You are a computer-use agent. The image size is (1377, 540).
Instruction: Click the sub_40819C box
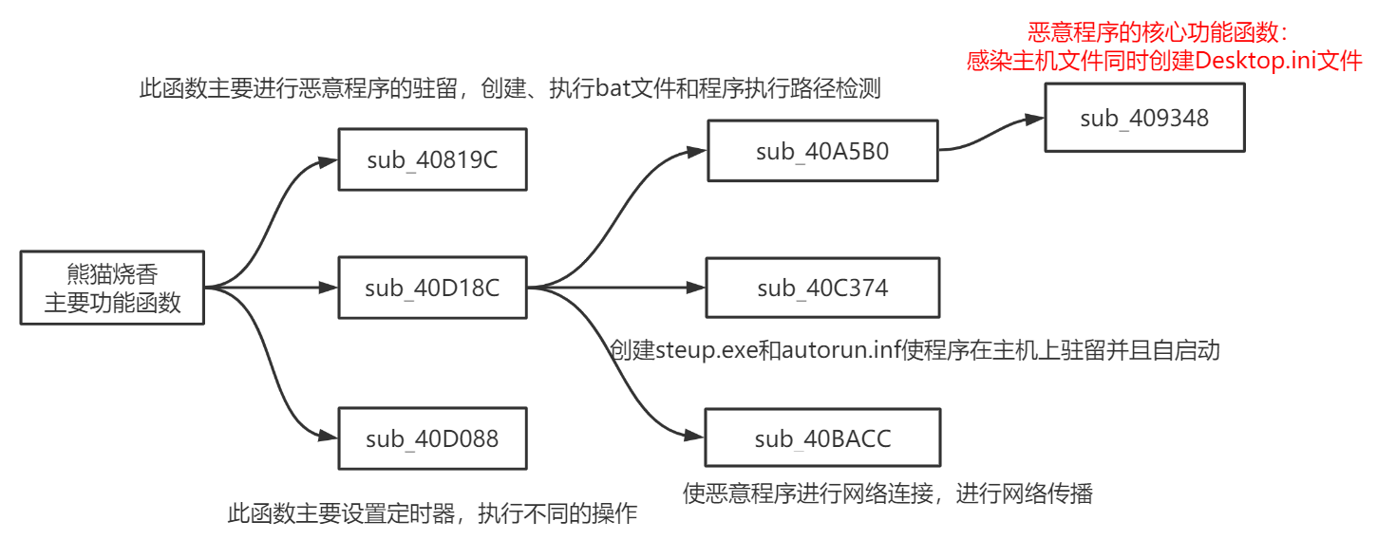(x=432, y=159)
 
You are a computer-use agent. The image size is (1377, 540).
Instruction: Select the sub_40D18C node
(x=432, y=288)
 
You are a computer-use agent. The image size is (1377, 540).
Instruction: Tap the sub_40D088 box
(x=432, y=438)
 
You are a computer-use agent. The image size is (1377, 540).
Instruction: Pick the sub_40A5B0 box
(x=822, y=151)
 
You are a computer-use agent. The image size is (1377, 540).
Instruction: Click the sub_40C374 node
(x=822, y=288)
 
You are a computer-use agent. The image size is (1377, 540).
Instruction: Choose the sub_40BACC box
(x=822, y=438)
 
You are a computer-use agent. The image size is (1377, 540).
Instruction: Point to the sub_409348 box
(x=1144, y=118)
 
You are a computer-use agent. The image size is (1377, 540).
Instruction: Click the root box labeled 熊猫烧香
(x=112, y=289)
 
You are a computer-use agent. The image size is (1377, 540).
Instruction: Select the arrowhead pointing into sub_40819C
(x=329, y=161)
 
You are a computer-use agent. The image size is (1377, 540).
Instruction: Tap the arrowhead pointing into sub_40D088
(x=329, y=437)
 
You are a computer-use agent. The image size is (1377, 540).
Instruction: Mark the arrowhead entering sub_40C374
(x=695, y=288)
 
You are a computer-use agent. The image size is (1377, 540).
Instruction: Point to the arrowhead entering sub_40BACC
(x=695, y=435)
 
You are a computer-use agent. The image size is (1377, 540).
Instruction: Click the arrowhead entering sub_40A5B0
(x=697, y=150)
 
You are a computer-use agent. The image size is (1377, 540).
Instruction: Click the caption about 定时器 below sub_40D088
(x=432, y=514)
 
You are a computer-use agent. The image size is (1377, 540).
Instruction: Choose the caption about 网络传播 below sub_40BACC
(x=888, y=493)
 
